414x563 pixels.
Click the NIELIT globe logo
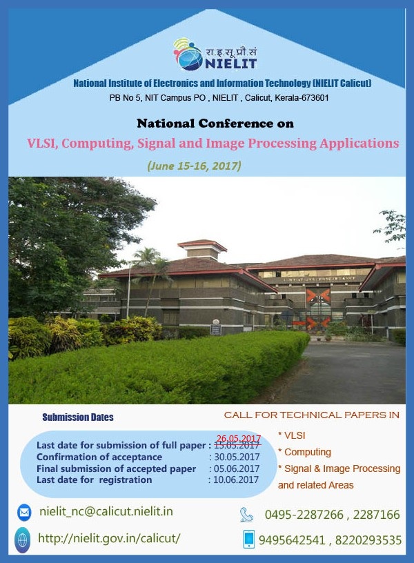[188, 55]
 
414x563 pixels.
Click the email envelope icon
[24, 513]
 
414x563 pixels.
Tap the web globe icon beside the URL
[22, 540]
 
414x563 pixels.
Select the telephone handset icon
[247, 515]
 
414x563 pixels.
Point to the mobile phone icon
[248, 539]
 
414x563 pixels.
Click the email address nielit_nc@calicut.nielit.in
[106, 511]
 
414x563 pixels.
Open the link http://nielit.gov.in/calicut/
[109, 538]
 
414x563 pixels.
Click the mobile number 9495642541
[292, 540]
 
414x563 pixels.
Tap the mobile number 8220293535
[368, 540]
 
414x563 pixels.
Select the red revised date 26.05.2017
[239, 439]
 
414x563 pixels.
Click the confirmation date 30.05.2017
[237, 457]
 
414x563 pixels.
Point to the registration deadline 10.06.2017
[236, 480]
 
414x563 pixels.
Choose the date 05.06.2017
[237, 468]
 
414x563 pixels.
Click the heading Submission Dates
[78, 417]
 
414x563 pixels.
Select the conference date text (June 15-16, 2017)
[195, 166]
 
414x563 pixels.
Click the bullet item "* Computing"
[304, 452]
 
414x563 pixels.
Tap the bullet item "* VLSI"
[292, 435]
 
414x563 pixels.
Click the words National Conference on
[215, 124]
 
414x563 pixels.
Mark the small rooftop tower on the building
[202, 250]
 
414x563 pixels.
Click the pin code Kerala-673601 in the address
[302, 98]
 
